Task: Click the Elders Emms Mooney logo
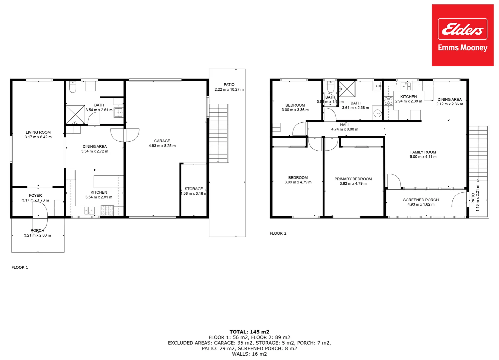pyautogui.click(x=462, y=35)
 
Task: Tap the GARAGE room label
pyautogui.click(x=162, y=141)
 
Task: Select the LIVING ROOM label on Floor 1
pyautogui.click(x=38, y=132)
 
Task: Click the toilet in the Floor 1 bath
pyautogui.click(x=73, y=87)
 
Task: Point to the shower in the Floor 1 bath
pyautogui.click(x=75, y=114)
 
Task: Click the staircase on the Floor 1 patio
pyautogui.click(x=219, y=133)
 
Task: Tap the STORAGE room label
pyautogui.click(x=194, y=189)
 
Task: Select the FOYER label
pyautogui.click(x=35, y=196)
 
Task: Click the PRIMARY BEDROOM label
pyautogui.click(x=353, y=179)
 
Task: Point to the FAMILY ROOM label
pyautogui.click(x=423, y=152)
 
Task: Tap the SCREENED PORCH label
pyautogui.click(x=421, y=200)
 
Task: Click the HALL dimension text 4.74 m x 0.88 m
pyautogui.click(x=345, y=129)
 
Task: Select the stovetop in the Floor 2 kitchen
pyautogui.click(x=388, y=101)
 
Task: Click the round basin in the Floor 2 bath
pyautogui.click(x=377, y=113)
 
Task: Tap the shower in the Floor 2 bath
pyautogui.click(x=347, y=89)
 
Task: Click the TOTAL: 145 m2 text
pyautogui.click(x=249, y=332)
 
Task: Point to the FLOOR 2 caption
pyautogui.click(x=278, y=233)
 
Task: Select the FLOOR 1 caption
pyautogui.click(x=20, y=267)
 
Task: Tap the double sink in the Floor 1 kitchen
pyautogui.click(x=89, y=210)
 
